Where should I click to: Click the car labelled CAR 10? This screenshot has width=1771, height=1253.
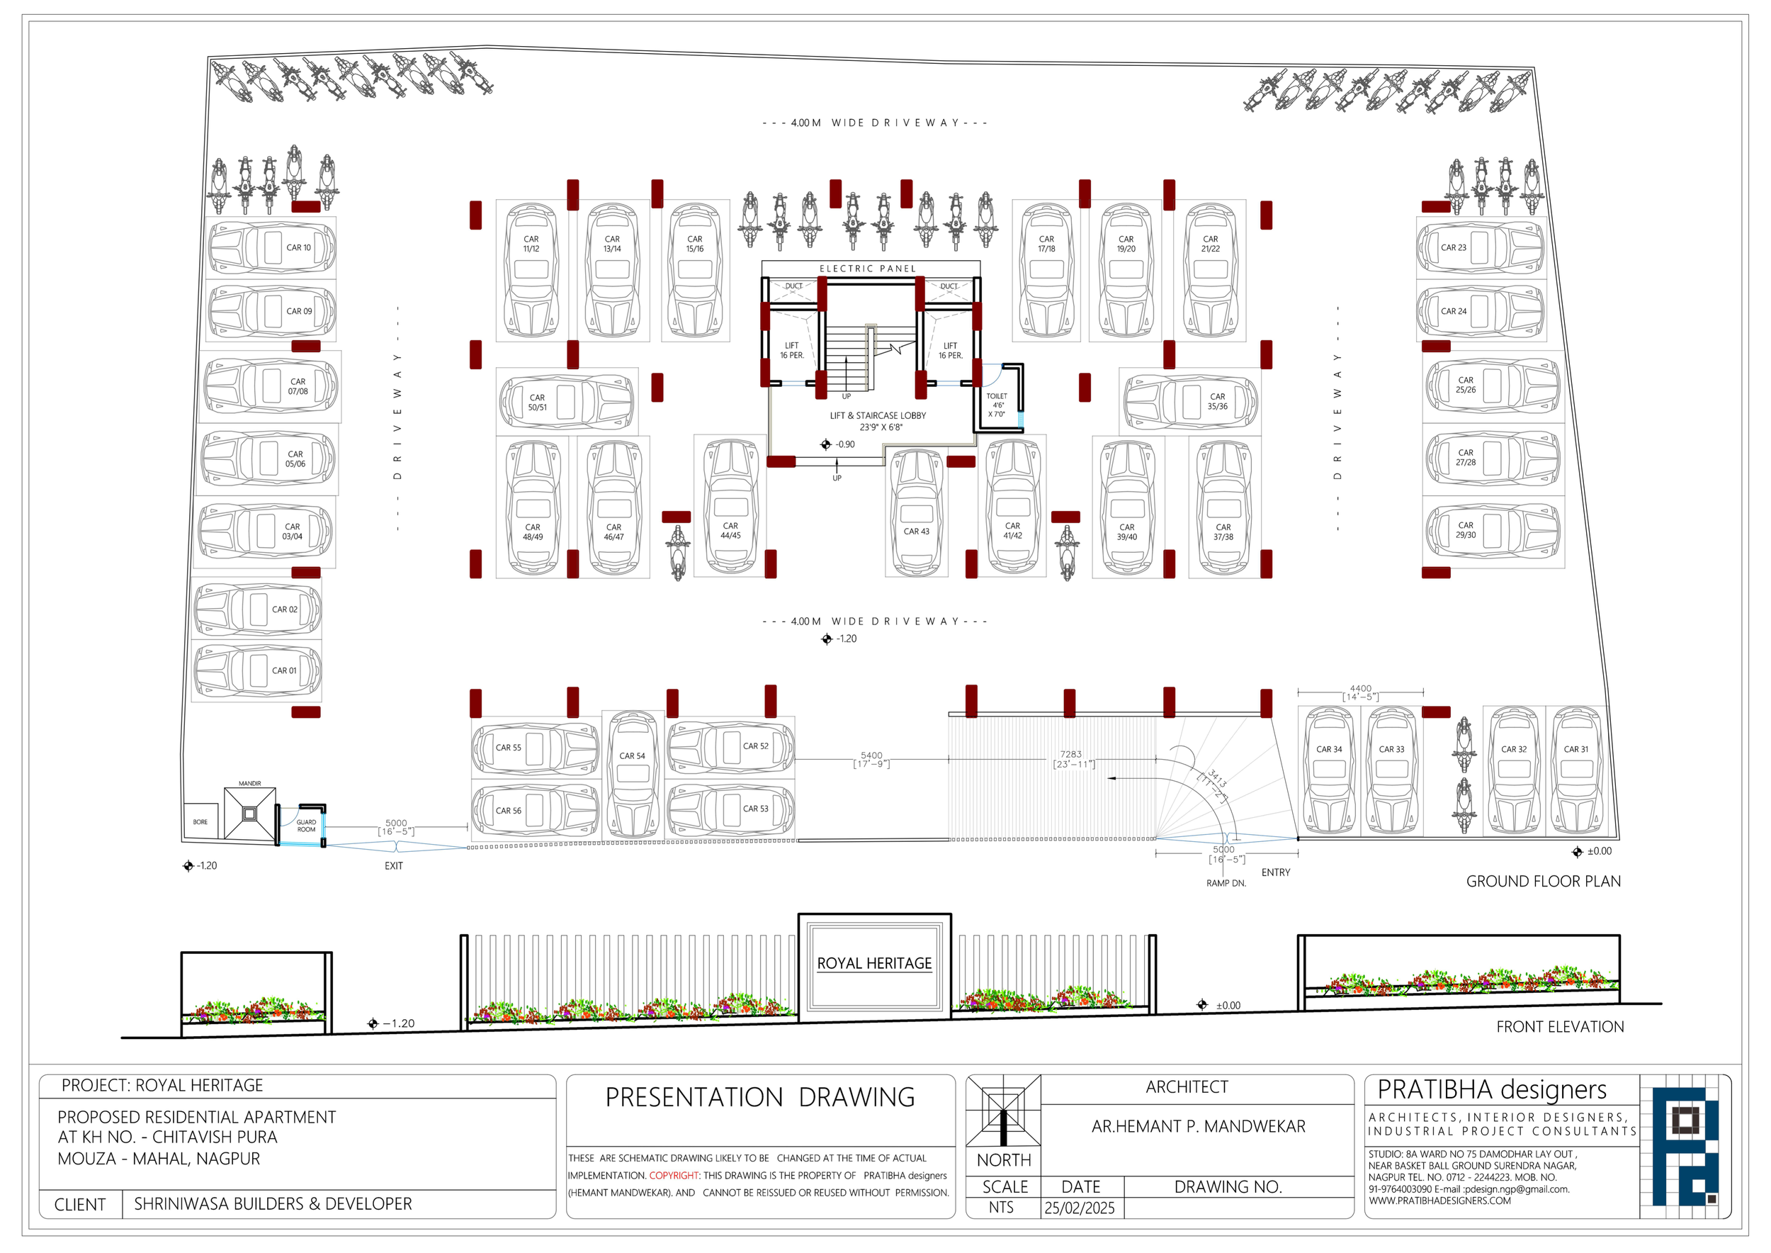coord(271,247)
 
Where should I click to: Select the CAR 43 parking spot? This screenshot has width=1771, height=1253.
coord(917,512)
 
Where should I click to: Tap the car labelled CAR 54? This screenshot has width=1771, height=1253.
coord(633,774)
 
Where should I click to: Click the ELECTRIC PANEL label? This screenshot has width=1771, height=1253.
coord(868,269)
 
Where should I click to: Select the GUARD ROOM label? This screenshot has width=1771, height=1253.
coord(306,826)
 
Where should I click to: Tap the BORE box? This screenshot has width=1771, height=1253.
coord(200,821)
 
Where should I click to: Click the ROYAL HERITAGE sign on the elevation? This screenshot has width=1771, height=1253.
coord(874,965)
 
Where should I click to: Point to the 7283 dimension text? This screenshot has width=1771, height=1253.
coord(1070,754)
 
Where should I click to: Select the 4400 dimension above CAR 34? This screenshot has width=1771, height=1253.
coord(1361,688)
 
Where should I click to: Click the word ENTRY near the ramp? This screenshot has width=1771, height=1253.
coord(1276,872)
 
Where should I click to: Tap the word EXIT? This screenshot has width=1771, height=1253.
coord(393,865)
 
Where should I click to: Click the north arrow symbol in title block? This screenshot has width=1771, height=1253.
coord(1004,1111)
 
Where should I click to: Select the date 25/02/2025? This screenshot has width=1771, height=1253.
coord(1080,1208)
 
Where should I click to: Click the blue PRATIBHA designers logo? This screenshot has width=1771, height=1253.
coord(1684,1147)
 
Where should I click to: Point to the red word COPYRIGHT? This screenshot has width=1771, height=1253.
coord(674,1175)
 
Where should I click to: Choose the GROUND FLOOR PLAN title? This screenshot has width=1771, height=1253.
coord(1544,881)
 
